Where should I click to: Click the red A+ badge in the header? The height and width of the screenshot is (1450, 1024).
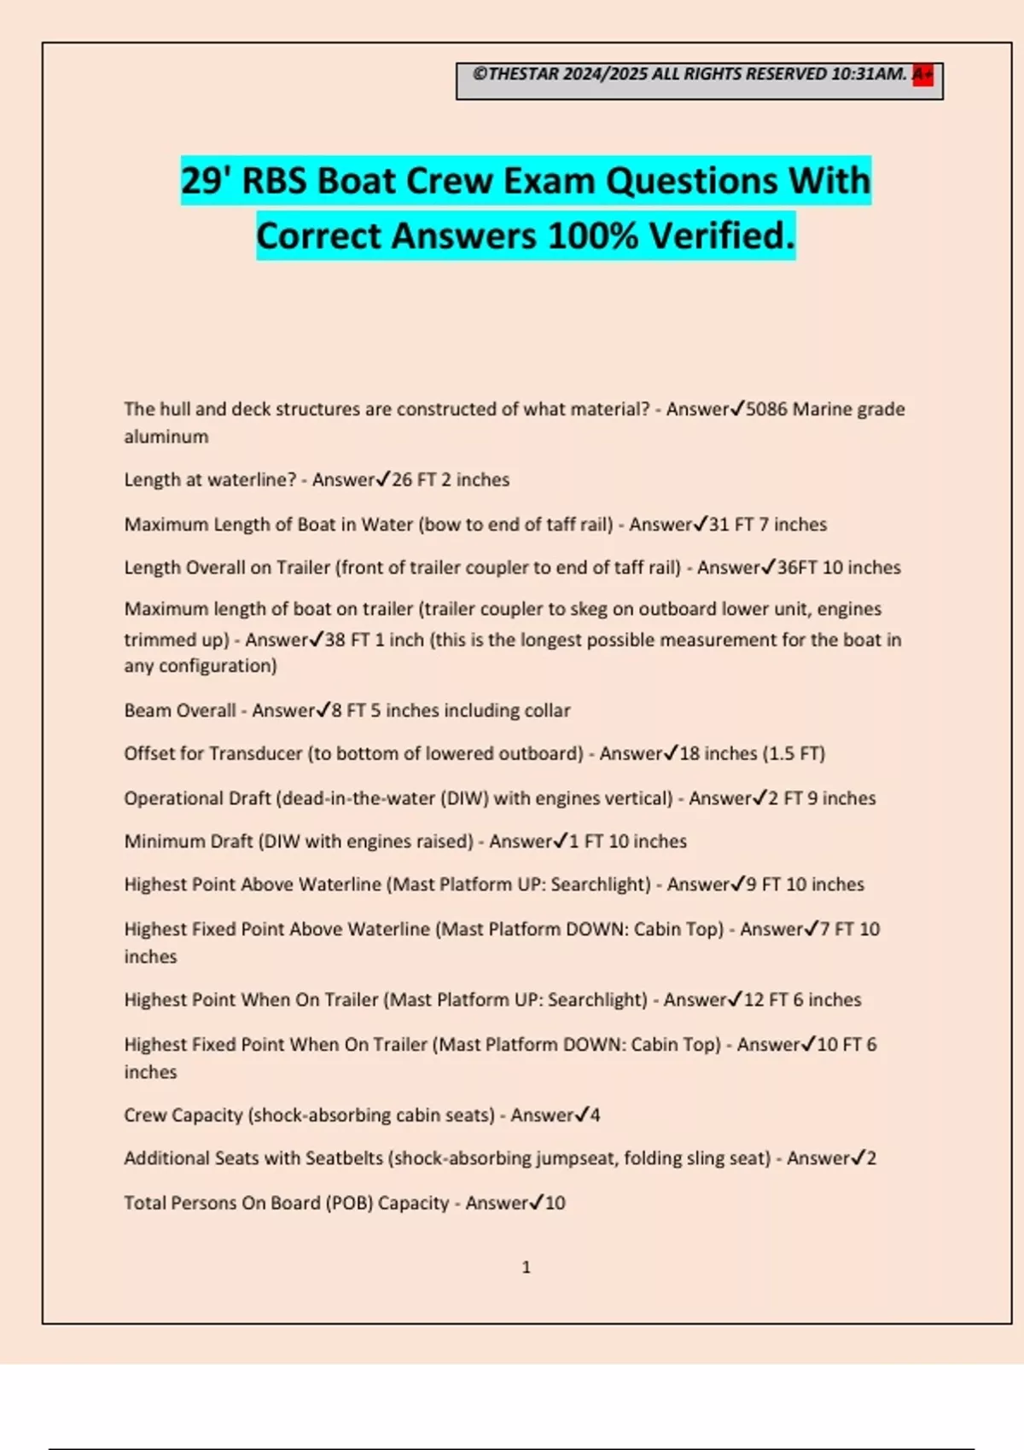pos(922,75)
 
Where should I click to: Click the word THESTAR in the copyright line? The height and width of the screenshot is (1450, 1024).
pos(523,74)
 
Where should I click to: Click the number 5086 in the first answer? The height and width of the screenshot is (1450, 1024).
pos(766,409)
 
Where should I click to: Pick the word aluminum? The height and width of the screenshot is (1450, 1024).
pos(166,437)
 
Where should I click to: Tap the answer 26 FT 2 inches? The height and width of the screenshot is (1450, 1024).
pos(450,480)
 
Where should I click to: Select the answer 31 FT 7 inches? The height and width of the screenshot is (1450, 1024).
pos(767,525)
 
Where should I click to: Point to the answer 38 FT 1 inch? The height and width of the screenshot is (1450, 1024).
pos(374,640)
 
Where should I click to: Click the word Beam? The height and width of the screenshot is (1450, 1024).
pos(147,710)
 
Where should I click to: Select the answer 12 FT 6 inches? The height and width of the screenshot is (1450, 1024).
pos(802,1000)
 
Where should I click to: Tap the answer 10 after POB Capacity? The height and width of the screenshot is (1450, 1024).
pos(555,1203)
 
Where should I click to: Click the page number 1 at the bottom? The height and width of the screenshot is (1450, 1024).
pos(526,1267)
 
